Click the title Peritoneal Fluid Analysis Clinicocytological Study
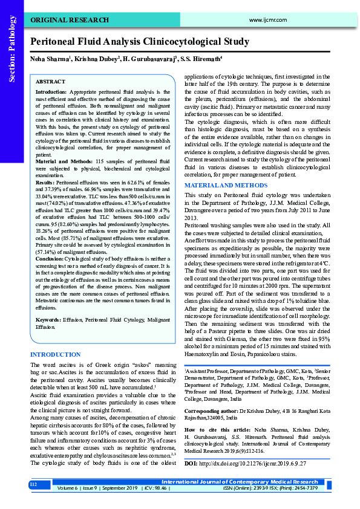140,42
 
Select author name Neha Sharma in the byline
50,59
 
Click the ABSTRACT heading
50,81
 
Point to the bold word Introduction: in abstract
51,91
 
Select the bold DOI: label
191,464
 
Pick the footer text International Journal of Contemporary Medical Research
244,482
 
